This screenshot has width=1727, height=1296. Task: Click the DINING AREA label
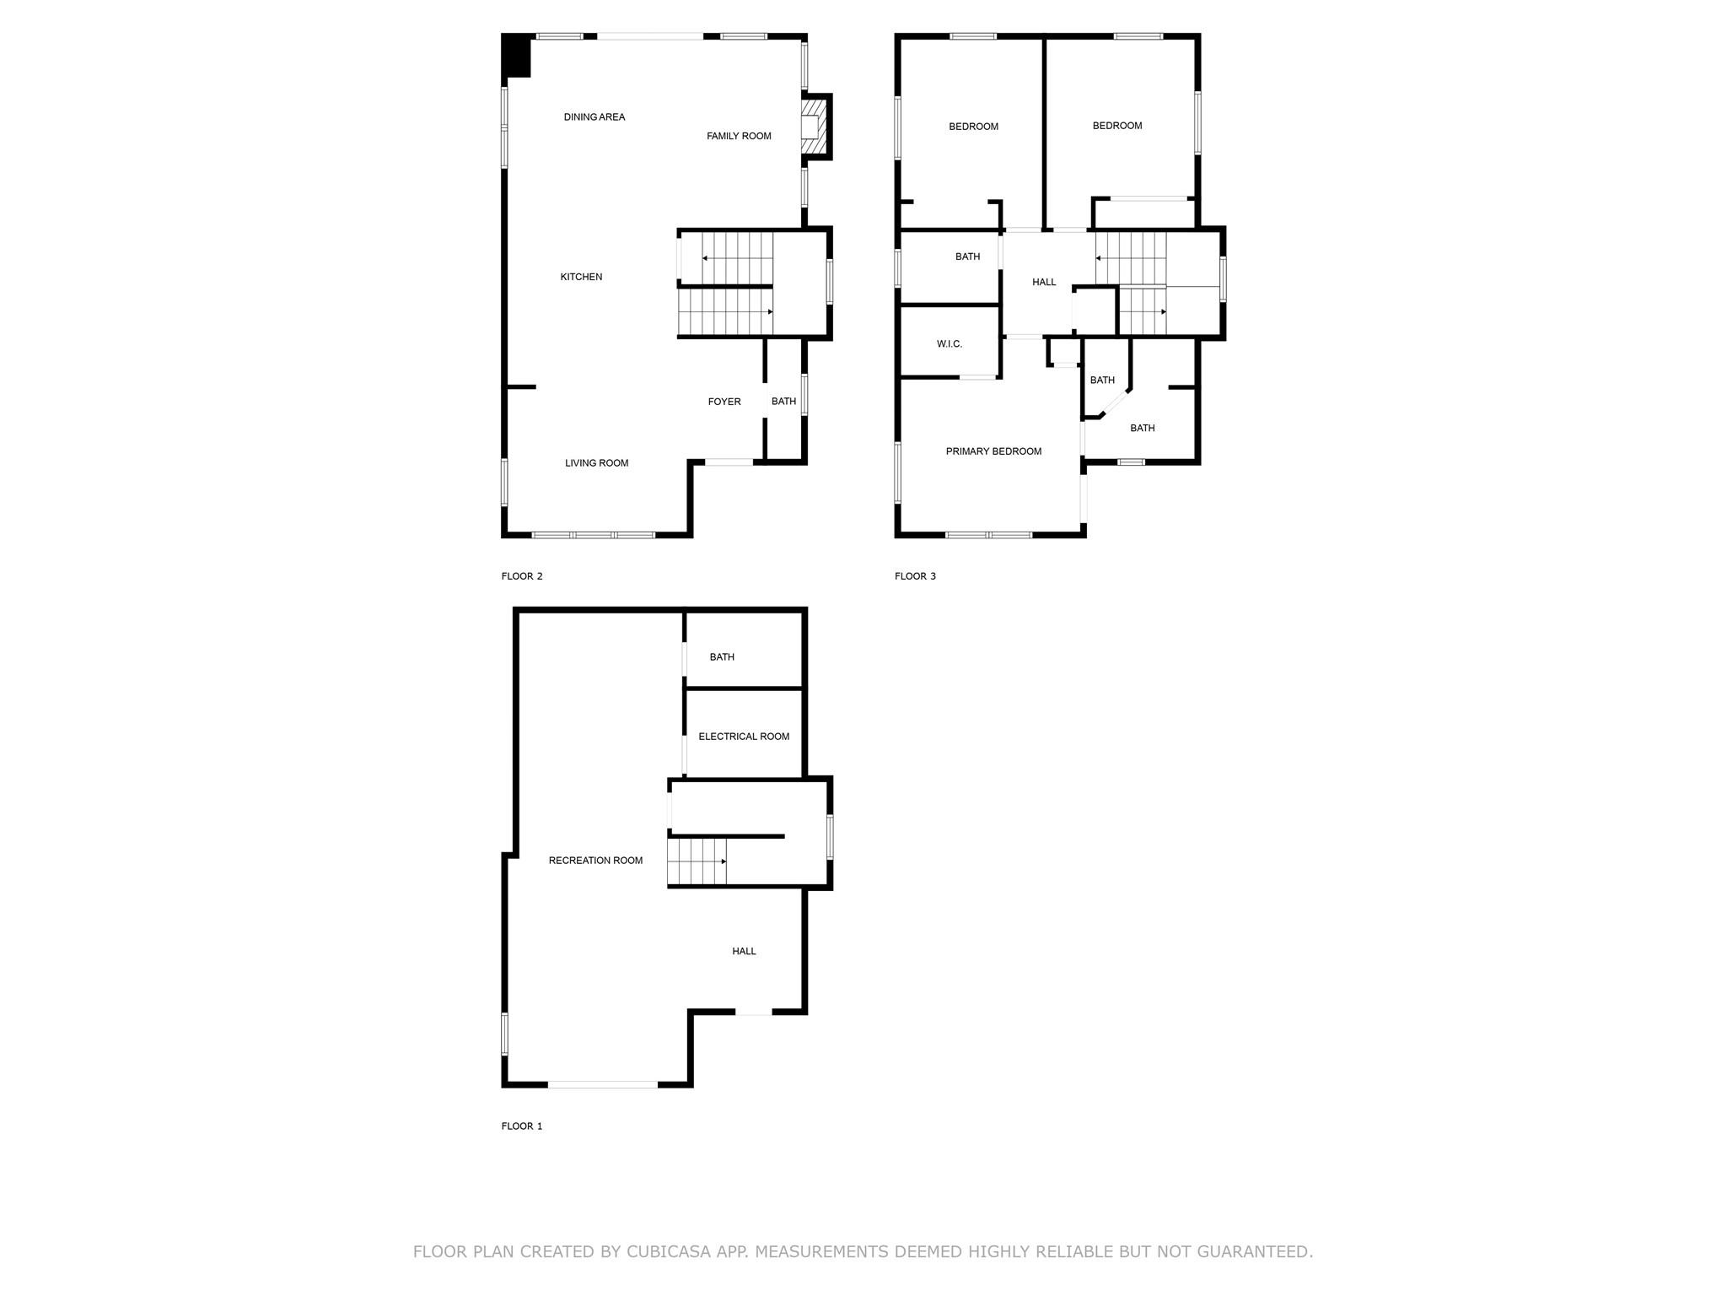click(x=594, y=117)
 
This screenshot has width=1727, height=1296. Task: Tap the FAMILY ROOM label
click(x=739, y=136)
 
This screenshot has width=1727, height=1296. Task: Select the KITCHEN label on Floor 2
click(x=581, y=277)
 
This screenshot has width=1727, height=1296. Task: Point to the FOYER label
click(x=724, y=402)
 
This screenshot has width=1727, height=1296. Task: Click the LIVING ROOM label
click(x=596, y=463)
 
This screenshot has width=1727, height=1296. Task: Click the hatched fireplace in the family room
click(x=813, y=127)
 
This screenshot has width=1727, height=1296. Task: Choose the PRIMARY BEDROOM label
click(x=993, y=451)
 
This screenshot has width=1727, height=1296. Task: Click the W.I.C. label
click(x=950, y=344)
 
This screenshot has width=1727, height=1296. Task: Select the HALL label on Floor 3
click(x=1044, y=282)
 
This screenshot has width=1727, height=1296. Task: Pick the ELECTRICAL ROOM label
click(x=744, y=737)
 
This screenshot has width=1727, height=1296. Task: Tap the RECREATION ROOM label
click(x=595, y=861)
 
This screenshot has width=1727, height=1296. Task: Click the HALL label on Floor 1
click(x=744, y=951)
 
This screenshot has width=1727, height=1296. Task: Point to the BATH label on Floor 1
click(x=722, y=657)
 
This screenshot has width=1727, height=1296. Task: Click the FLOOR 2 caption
click(x=522, y=576)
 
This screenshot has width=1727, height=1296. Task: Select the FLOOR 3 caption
click(x=915, y=576)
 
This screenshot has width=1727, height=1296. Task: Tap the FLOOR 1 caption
click(x=522, y=1126)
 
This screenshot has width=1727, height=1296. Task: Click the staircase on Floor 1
click(x=697, y=861)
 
